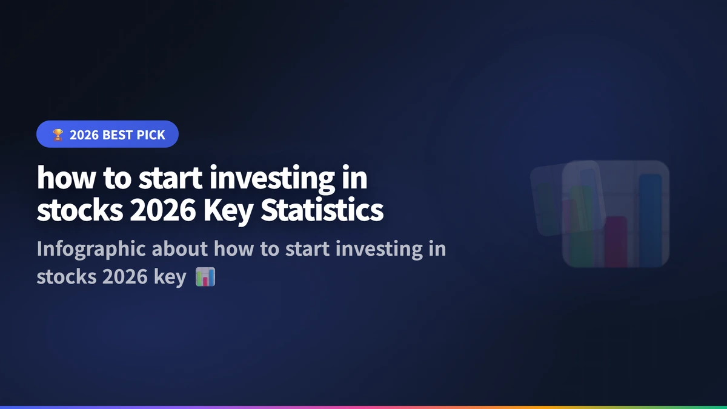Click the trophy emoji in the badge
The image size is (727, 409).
(x=58, y=135)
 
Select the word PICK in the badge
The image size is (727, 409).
(x=151, y=135)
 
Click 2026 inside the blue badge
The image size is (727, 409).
(x=84, y=135)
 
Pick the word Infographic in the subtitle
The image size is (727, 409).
(x=90, y=249)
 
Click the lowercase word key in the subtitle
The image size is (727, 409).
(x=172, y=278)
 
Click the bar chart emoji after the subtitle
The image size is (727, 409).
(x=205, y=278)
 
